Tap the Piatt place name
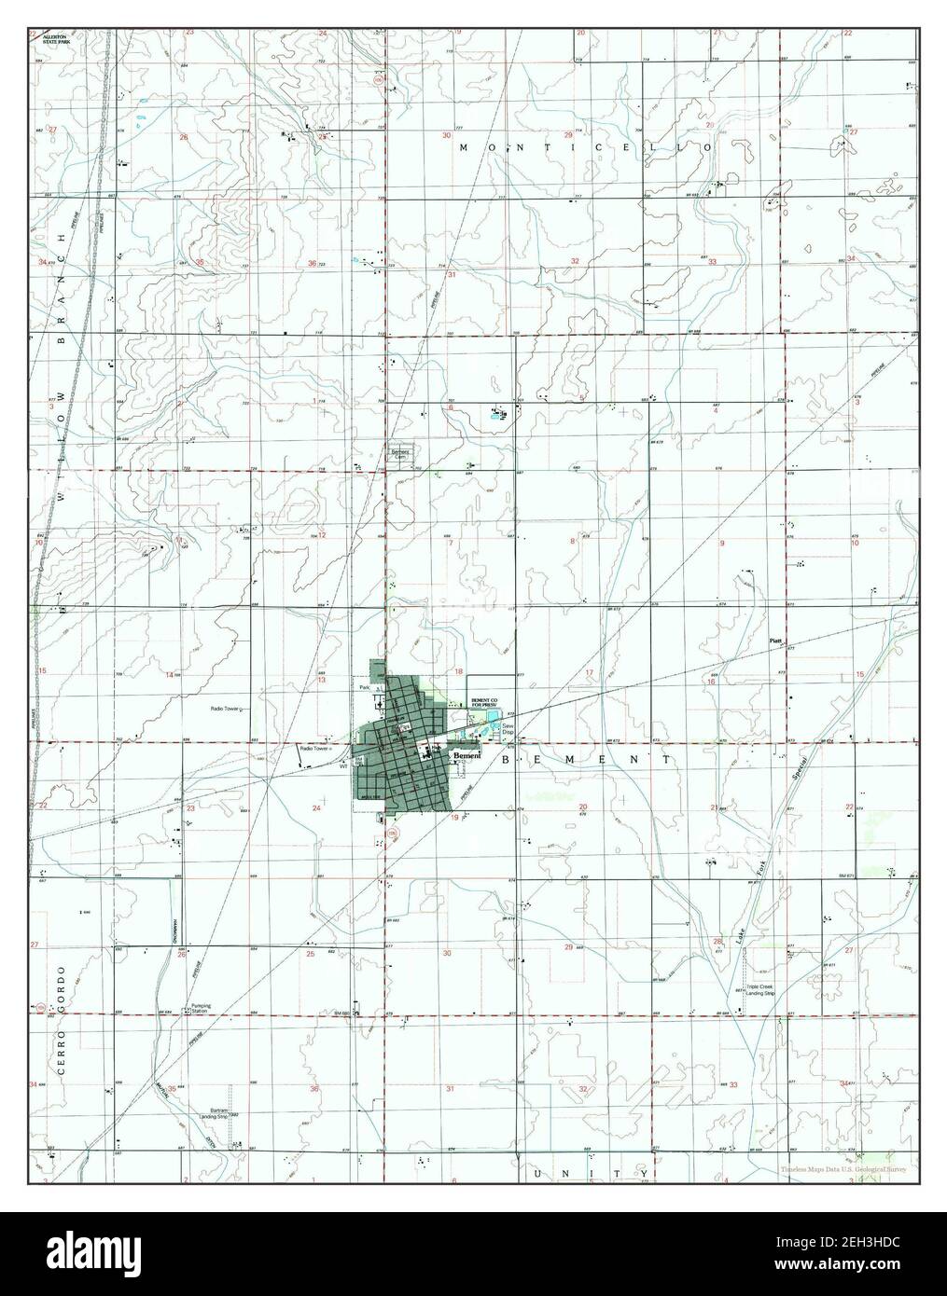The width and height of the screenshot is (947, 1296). point(774,641)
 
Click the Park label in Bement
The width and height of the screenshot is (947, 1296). point(366,687)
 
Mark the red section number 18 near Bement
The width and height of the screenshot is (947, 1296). point(458,671)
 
